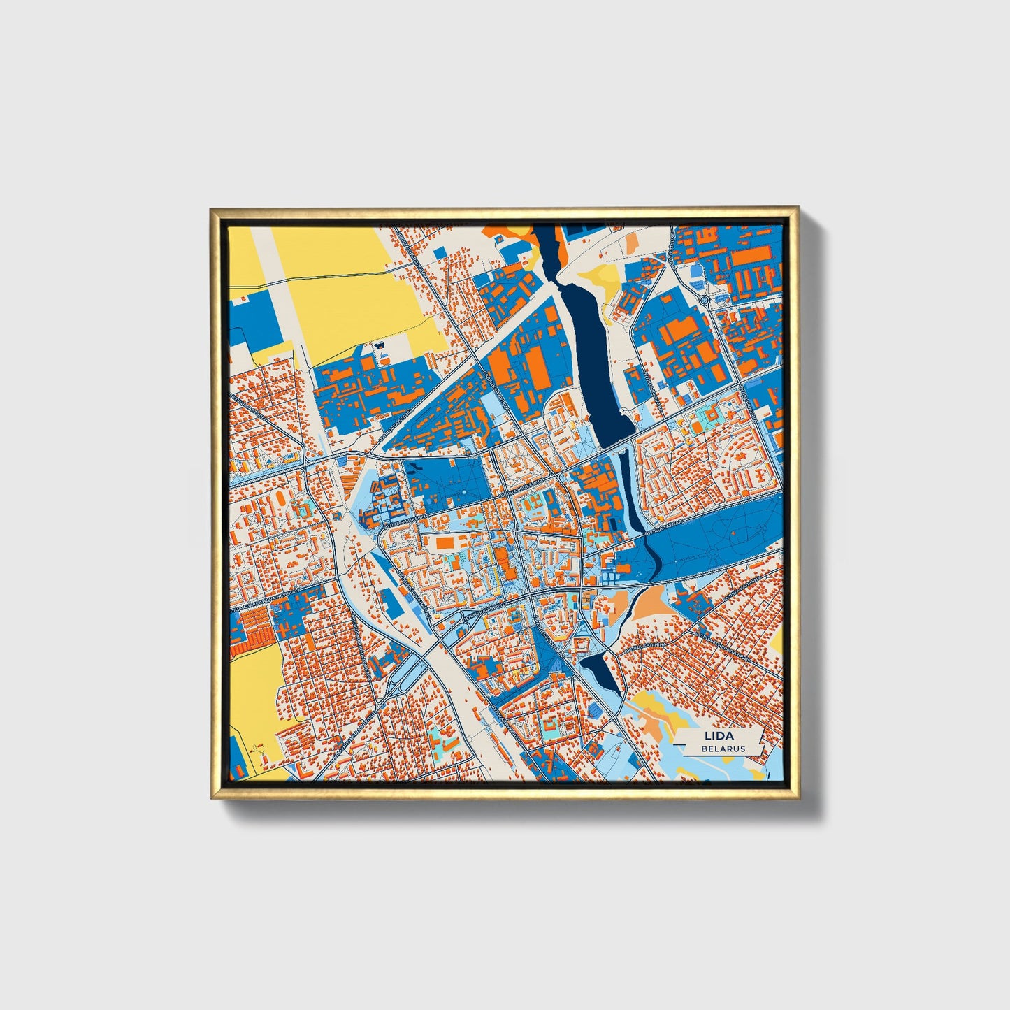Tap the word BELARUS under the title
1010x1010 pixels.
point(724,749)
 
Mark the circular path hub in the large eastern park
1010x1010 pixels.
point(714,551)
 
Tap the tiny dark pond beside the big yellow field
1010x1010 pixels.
point(381,345)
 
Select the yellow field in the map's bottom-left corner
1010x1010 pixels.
point(253,688)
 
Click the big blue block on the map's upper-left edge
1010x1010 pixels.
point(252,318)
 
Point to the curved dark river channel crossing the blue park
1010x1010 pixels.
point(654,556)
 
